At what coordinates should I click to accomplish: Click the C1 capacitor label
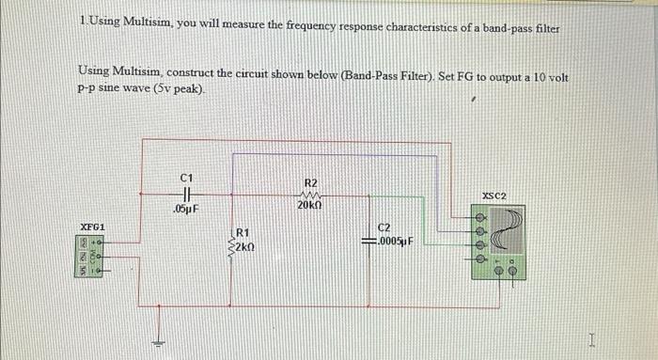click(x=185, y=177)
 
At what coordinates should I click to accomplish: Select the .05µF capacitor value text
click(x=184, y=208)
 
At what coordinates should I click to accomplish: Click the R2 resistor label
click(x=311, y=182)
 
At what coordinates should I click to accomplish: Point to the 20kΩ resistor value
click(x=311, y=206)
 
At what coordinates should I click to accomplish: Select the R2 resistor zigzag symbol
click(x=311, y=195)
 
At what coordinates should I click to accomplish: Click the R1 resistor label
click(x=243, y=232)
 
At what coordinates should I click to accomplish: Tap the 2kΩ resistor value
click(x=243, y=247)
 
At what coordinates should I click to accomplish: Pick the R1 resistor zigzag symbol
click(x=231, y=242)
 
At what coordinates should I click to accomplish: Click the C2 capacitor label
click(x=384, y=227)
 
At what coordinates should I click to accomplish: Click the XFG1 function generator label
click(x=92, y=227)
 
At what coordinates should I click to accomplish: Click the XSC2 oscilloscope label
click(x=494, y=196)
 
